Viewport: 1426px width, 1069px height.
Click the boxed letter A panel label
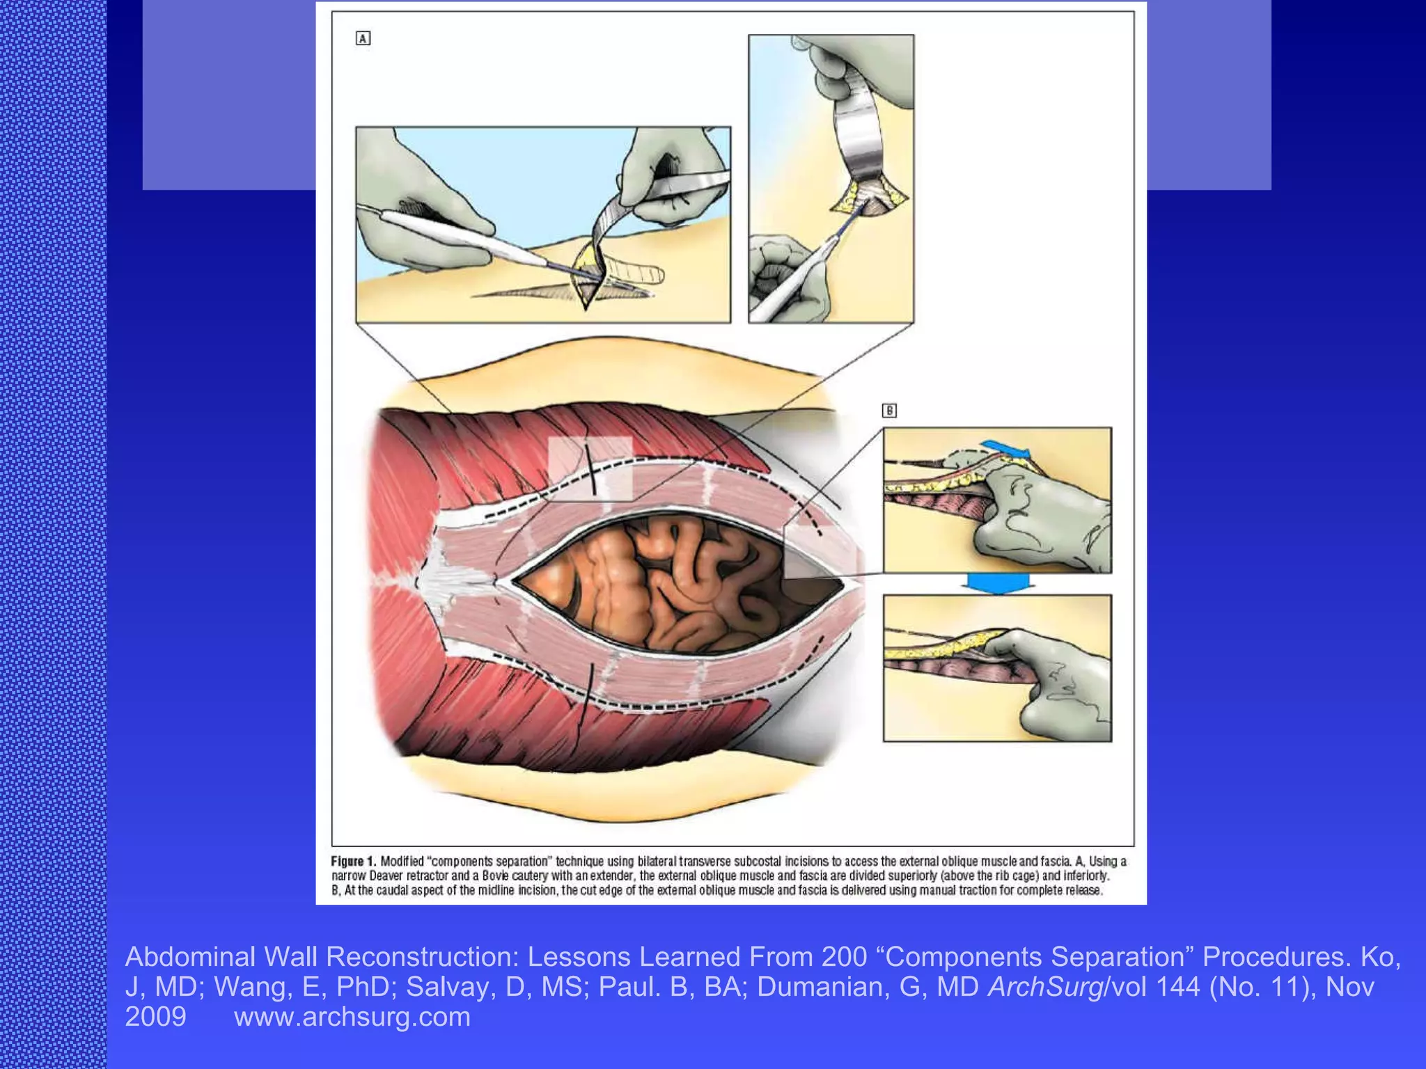pos(363,38)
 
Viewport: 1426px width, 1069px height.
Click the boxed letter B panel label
pos(889,411)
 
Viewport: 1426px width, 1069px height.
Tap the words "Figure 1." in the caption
pos(353,861)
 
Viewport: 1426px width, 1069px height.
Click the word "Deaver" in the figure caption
pos(386,876)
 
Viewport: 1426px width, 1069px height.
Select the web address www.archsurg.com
pos(352,1017)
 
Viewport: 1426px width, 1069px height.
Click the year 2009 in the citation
pos(155,1017)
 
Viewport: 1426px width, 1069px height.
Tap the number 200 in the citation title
pos(844,957)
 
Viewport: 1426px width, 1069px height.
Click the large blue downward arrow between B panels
pos(996,583)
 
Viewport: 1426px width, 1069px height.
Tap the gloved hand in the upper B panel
pos(1037,515)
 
